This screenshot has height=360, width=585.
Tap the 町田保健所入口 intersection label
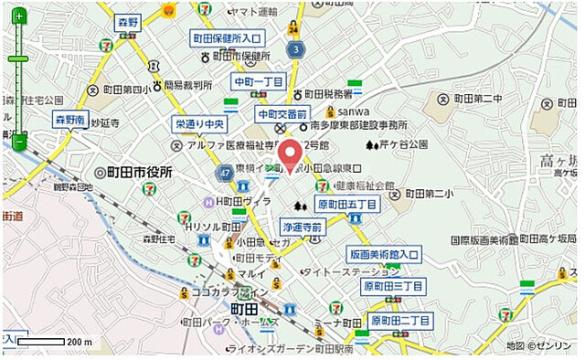click(228, 38)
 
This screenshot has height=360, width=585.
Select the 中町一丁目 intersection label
click(259, 81)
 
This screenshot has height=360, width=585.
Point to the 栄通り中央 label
click(200, 124)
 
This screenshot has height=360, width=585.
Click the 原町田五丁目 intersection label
click(346, 205)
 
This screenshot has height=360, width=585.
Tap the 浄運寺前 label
click(303, 226)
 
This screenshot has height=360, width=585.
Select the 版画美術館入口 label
click(384, 253)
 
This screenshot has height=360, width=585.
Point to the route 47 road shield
click(223, 172)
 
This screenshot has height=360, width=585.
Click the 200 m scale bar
click(41, 342)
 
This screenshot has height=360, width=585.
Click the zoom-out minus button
click(17, 141)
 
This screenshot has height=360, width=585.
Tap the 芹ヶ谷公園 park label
click(403, 144)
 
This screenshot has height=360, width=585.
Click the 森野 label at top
click(128, 20)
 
